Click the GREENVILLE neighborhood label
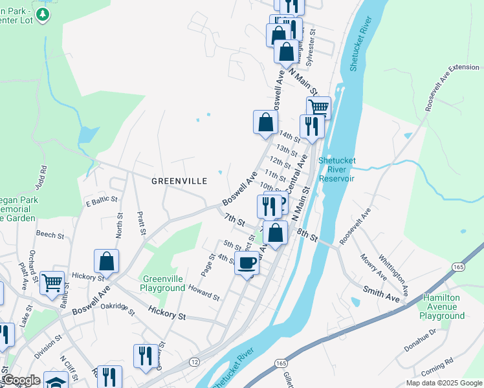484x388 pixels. tap(179, 181)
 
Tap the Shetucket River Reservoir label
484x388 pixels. tap(336, 169)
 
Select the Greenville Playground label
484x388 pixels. tap(164, 283)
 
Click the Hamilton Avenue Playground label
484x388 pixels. tap(443, 307)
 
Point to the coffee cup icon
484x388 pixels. tap(247, 263)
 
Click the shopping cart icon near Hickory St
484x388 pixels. tap(52, 283)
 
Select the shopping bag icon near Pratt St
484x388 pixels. tap(107, 261)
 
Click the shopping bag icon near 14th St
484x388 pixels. tap(265, 122)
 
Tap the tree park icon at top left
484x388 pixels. tap(43, 14)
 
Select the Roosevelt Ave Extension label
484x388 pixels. tap(452, 87)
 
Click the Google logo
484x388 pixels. tap(21, 380)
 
